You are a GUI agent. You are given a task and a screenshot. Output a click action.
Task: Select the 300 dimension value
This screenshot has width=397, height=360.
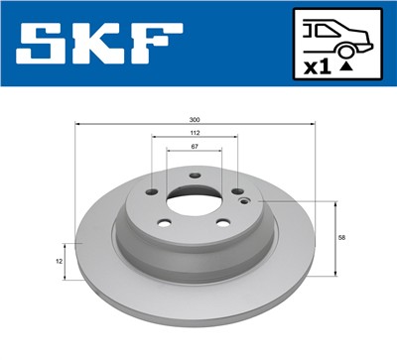click(x=196, y=120)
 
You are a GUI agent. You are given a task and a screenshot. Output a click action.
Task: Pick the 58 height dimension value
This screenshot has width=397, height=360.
click(x=341, y=238)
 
